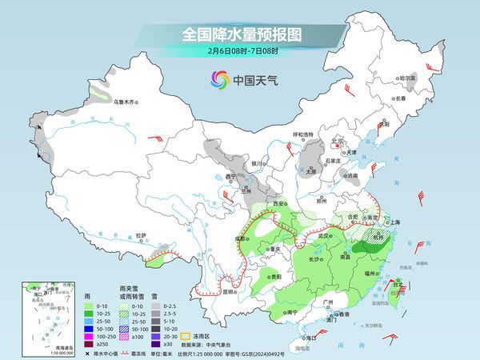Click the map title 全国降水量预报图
click(239, 35)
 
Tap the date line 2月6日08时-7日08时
click(239, 52)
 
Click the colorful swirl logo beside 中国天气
click(219, 79)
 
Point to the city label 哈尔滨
click(408, 78)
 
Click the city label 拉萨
click(141, 235)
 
